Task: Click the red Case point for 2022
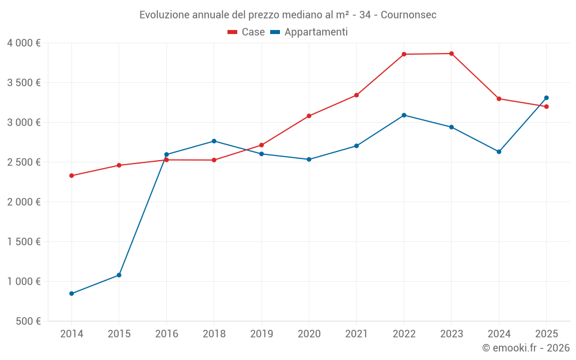point(404,54)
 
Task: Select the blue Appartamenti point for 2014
point(71,294)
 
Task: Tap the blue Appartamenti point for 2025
point(546,98)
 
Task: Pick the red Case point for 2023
point(452,54)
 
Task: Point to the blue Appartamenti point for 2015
point(119,275)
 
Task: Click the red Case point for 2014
point(71,176)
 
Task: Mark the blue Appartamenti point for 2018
point(214,141)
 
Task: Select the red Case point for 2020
point(309,116)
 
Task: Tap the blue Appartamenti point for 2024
point(499,151)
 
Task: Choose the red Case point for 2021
point(357,95)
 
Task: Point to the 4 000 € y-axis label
point(24,43)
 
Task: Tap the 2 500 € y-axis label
point(24,162)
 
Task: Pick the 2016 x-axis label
point(166,334)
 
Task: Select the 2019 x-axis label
point(262,334)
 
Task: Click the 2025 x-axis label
point(546,334)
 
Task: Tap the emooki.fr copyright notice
point(525,348)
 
